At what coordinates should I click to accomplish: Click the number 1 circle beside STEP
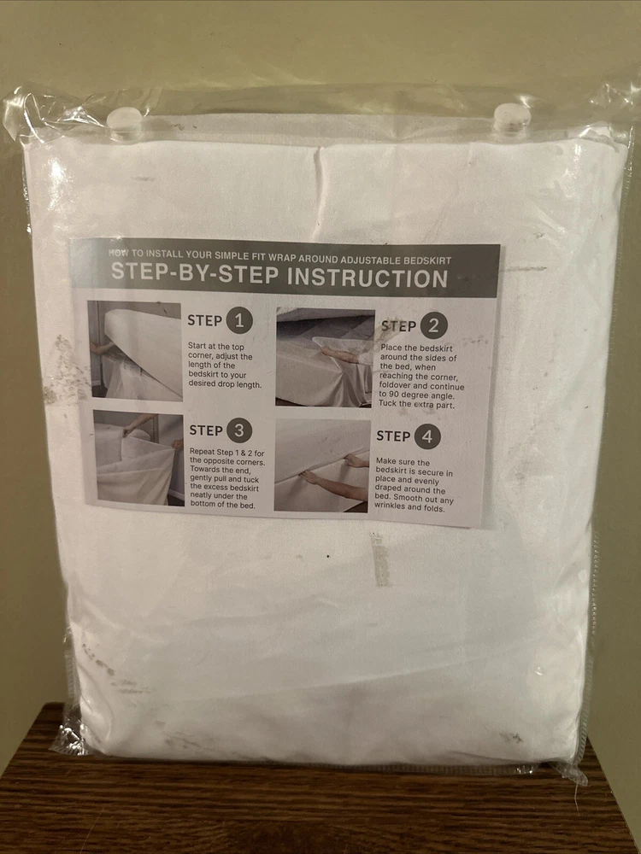(x=239, y=321)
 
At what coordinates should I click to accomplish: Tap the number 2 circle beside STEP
(x=434, y=325)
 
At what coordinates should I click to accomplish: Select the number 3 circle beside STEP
(x=238, y=430)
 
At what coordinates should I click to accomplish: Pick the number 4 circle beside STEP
(x=426, y=436)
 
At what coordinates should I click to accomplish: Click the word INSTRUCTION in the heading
(x=367, y=278)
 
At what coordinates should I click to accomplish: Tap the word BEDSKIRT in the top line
(x=428, y=260)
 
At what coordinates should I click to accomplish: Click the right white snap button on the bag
(x=512, y=116)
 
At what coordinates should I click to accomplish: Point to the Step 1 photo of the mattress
(x=135, y=351)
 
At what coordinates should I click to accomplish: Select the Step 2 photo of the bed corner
(x=325, y=357)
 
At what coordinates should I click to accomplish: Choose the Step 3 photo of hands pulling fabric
(x=139, y=458)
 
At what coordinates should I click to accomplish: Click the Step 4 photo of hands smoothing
(x=321, y=465)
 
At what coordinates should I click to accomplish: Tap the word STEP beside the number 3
(x=205, y=430)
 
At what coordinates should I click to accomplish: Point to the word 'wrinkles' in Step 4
(x=391, y=506)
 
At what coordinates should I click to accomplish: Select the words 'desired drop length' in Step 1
(x=225, y=384)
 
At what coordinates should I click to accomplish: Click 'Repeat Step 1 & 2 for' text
(x=226, y=452)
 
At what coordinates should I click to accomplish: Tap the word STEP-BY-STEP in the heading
(x=195, y=272)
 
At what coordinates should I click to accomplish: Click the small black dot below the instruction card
(x=327, y=557)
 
